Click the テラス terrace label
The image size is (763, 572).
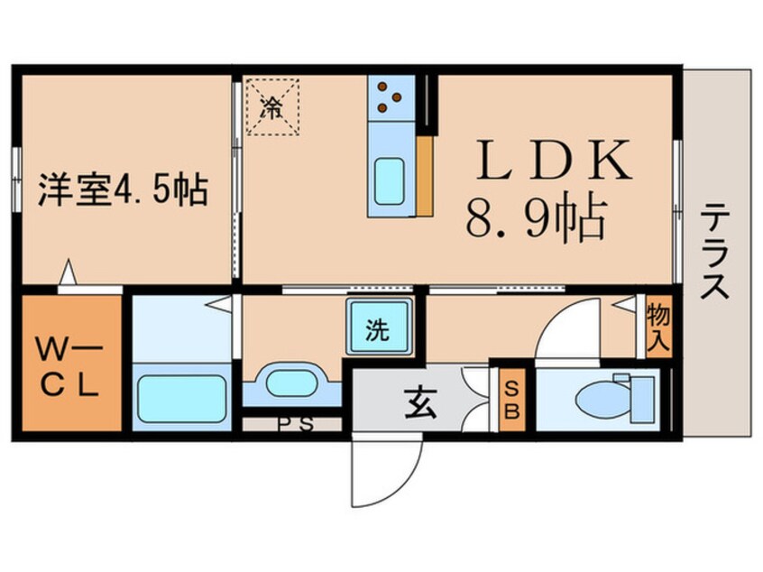coord(715,252)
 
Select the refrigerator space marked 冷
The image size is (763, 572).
coord(272,107)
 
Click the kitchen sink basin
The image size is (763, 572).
coord(390,175)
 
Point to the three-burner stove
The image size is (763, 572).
coord(390,96)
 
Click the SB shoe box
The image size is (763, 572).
coord(511,398)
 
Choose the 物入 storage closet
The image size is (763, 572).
coord(658,326)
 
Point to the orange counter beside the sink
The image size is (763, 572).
coord(426,175)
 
